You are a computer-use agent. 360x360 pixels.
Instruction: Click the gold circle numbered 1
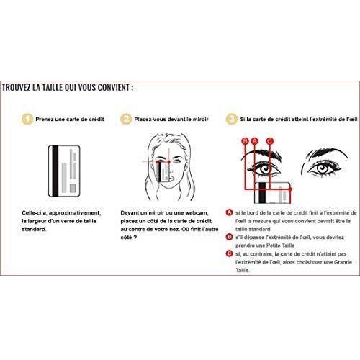[27, 119]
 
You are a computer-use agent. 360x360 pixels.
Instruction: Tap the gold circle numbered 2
[126, 119]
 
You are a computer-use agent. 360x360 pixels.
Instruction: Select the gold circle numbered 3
[231, 119]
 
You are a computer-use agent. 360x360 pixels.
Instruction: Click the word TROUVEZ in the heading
[17, 88]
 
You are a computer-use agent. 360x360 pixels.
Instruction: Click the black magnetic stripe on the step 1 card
[55, 171]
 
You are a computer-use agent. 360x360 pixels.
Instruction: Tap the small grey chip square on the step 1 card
[73, 188]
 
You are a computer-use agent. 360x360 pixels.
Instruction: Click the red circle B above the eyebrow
[245, 141]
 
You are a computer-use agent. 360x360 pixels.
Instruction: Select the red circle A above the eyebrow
[255, 141]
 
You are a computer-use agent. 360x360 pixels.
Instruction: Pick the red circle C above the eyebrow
[270, 141]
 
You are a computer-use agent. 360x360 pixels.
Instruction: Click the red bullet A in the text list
[230, 212]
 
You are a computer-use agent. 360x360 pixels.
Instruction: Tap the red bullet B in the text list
[230, 237]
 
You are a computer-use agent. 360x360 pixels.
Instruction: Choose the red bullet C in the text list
[230, 253]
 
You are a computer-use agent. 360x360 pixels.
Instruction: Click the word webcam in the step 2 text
[197, 213]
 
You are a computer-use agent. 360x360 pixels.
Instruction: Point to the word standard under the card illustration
[34, 229]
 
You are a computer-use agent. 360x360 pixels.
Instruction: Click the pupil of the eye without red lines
[323, 168]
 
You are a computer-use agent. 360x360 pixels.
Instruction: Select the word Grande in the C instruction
[343, 262]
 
